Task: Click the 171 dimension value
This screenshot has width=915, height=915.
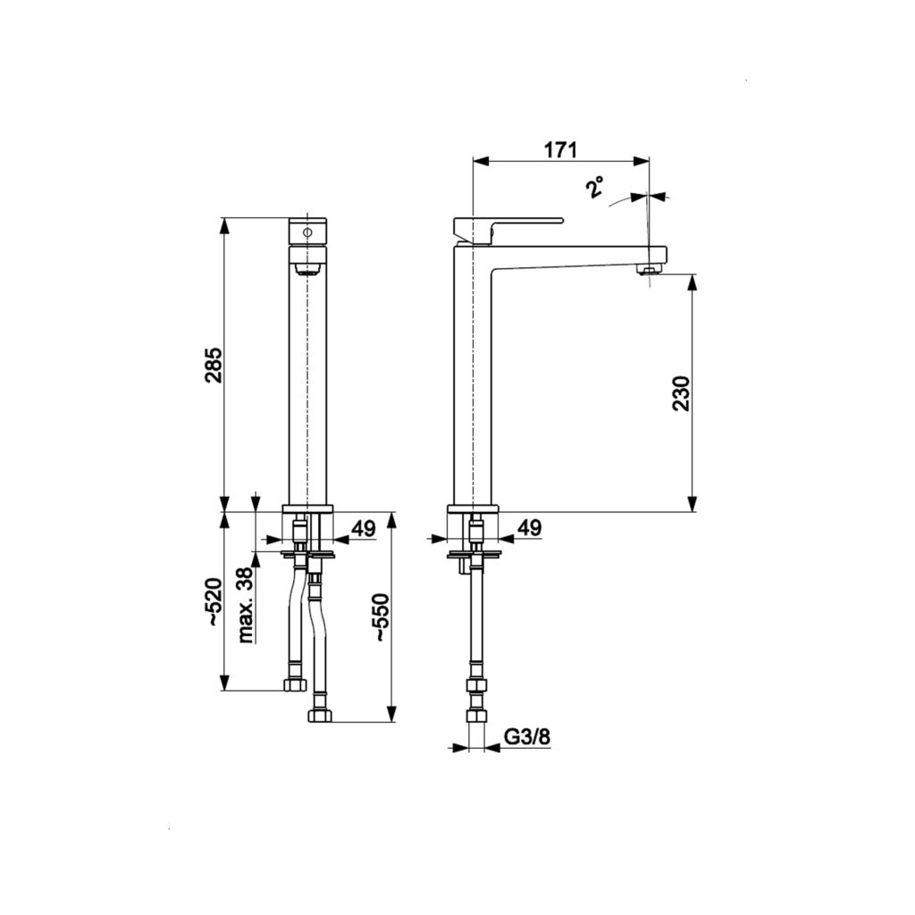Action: (x=560, y=150)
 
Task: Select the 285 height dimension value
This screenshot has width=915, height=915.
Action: (x=214, y=365)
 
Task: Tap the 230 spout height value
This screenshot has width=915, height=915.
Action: (x=681, y=394)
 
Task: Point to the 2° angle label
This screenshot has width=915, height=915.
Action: (x=595, y=188)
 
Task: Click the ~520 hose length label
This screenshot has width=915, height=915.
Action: (x=214, y=603)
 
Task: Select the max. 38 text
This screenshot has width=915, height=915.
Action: (x=246, y=605)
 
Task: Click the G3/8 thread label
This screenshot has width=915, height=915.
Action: (x=527, y=737)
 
